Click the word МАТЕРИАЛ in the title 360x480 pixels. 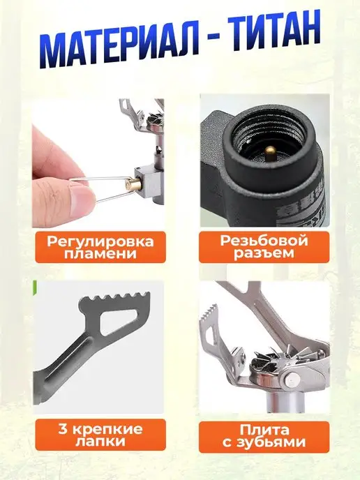pos(119,47)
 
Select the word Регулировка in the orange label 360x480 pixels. pos(100,241)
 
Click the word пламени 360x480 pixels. pos(100,253)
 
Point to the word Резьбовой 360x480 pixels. pos(264,241)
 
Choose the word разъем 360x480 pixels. pos(264,253)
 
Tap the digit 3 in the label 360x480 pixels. pos(63,429)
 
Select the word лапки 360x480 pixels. pos(100,442)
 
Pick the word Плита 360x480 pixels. pos(264,430)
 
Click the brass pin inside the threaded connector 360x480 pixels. pos(270,152)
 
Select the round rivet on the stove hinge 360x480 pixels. pos(291,381)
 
